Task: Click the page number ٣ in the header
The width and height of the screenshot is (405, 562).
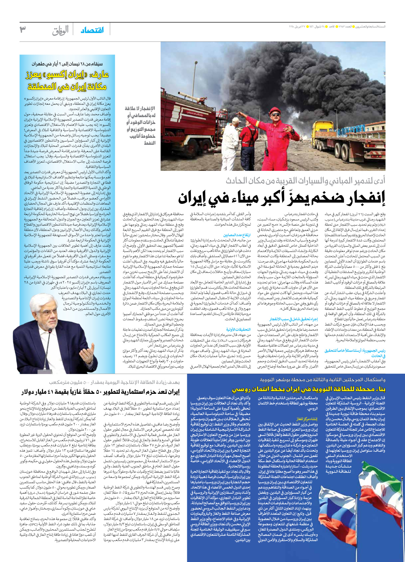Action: tap(23, 30)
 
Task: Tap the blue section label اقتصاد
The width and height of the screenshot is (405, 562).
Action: tap(92, 30)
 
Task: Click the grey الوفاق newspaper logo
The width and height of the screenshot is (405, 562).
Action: tap(61, 30)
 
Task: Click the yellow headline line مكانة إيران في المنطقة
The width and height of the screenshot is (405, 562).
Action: tap(67, 87)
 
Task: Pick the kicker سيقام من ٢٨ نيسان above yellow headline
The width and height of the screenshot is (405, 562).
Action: tap(67, 64)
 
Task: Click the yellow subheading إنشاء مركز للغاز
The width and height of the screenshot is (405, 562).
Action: tap(307, 419)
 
